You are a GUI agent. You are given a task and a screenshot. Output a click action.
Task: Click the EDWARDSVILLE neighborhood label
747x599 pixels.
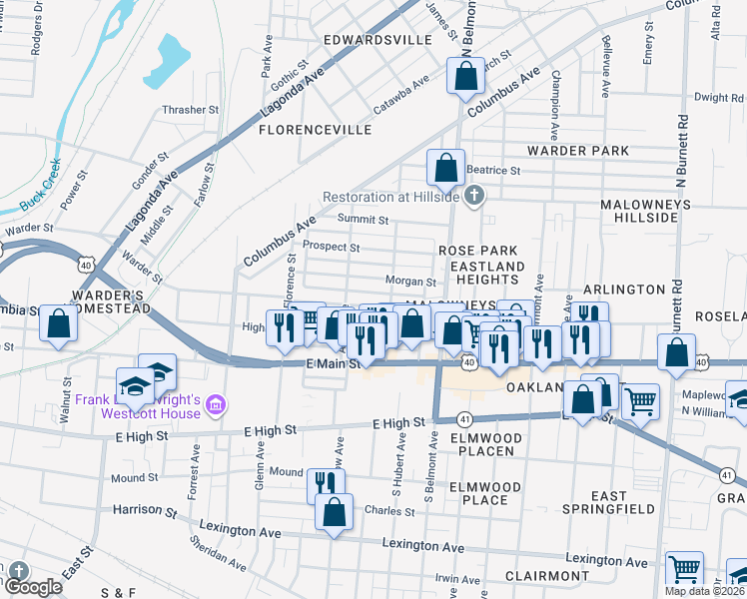pos(377,40)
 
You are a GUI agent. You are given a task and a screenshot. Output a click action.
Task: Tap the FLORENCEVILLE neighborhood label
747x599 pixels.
pos(316,130)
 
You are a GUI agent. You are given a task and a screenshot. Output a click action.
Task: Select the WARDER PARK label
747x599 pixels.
pos(578,151)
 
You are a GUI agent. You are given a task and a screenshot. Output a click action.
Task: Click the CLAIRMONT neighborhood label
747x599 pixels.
pos(546,576)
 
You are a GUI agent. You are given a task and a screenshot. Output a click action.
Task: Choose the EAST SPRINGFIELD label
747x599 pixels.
pos(608,504)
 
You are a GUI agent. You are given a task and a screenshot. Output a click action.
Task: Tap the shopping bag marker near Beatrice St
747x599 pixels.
pos(445,167)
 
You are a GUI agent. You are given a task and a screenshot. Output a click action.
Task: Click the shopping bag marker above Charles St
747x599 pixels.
pos(334,511)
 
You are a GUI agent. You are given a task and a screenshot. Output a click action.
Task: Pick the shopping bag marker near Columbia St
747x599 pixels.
pos(59,323)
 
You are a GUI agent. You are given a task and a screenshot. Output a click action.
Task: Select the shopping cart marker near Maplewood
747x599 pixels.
pos(640,401)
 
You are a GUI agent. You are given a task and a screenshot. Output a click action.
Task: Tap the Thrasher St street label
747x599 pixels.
pos(192,110)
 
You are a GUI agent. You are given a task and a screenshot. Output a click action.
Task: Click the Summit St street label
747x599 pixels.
pos(363,220)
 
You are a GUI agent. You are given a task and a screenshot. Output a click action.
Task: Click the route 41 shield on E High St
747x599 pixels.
pos(464,419)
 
